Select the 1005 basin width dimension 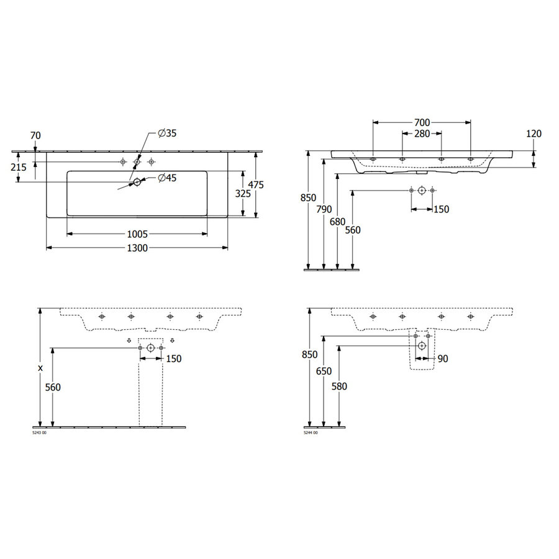pyautogui.click(x=137, y=234)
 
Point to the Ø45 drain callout pyautogui.click(x=167, y=179)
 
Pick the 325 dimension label pyautogui.click(x=243, y=194)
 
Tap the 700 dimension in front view pyautogui.click(x=421, y=123)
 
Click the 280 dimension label pyautogui.click(x=421, y=134)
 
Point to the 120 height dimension pyautogui.click(x=534, y=134)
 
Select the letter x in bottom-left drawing pyautogui.click(x=40, y=368)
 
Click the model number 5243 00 pyautogui.click(x=39, y=432)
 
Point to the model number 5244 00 pyautogui.click(x=310, y=432)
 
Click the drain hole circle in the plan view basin pyautogui.click(x=137, y=182)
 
